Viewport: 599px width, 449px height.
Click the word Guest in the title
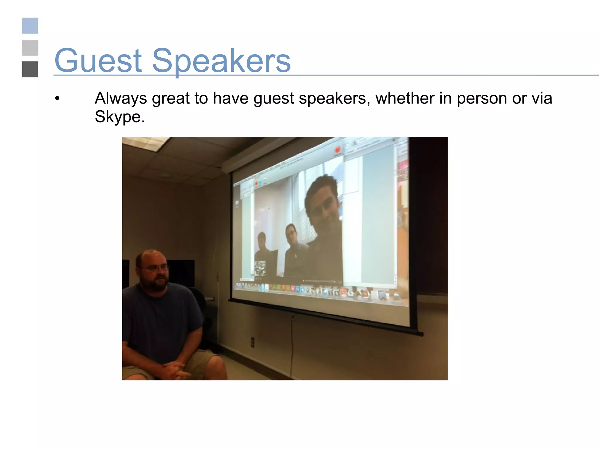click(98, 61)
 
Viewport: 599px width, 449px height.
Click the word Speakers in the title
click(221, 61)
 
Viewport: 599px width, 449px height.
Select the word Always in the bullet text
click(121, 98)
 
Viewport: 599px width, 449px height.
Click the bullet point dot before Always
click(57, 99)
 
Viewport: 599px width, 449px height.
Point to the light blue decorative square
click(30, 26)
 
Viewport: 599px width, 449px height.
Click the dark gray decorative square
click(30, 69)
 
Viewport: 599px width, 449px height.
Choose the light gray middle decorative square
click(30, 48)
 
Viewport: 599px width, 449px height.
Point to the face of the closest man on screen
click(323, 208)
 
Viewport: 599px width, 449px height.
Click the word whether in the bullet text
click(405, 98)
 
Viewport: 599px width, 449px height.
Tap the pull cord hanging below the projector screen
click(292, 345)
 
